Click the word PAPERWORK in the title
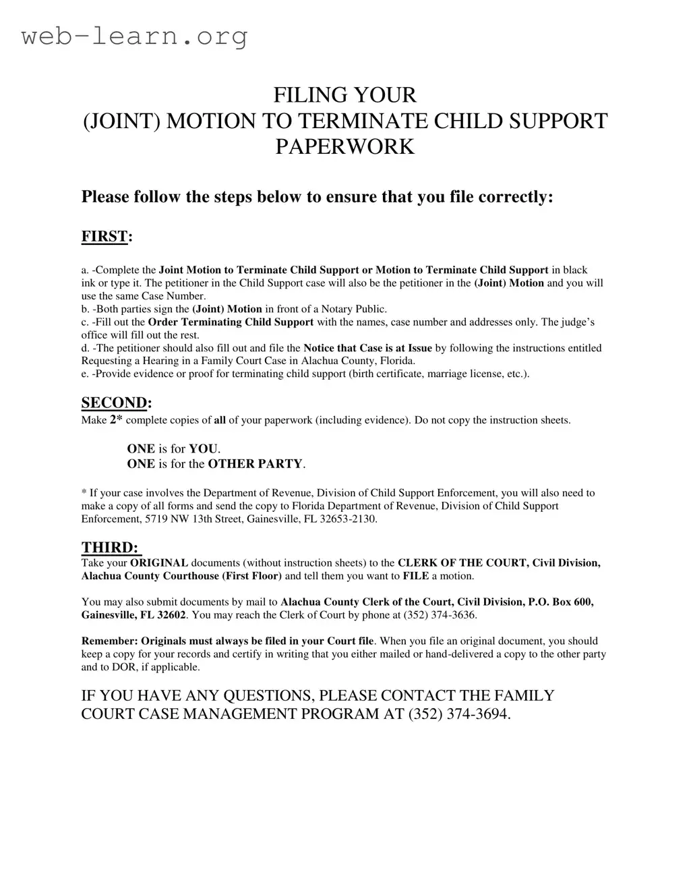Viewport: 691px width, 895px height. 344,146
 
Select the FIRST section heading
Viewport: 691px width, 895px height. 104,236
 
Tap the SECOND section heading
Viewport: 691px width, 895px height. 114,403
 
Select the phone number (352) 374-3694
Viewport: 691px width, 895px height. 459,714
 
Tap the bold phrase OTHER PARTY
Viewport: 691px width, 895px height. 256,464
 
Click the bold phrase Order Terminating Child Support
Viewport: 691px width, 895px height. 231,322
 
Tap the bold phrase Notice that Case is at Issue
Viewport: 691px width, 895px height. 367,349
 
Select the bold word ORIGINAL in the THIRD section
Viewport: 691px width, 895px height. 158,563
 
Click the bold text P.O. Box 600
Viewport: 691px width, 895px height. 562,602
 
